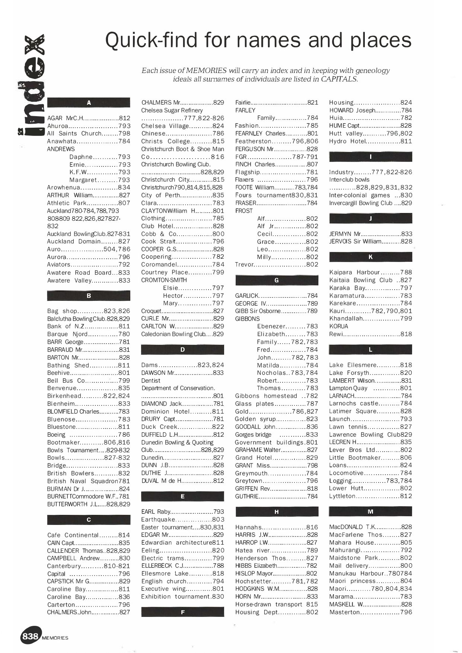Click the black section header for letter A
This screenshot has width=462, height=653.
point(89,103)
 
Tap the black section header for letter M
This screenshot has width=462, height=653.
point(370,512)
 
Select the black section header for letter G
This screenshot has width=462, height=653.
point(277,280)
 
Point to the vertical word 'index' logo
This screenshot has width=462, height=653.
point(31,85)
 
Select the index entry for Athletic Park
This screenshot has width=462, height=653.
point(89,203)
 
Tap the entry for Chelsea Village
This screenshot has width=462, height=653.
point(182,126)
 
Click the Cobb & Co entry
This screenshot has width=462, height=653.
point(182,234)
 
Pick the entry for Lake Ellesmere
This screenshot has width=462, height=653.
point(370,365)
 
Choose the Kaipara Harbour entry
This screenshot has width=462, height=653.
point(370,272)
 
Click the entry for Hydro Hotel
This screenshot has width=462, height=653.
point(370,141)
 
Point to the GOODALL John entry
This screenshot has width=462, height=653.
point(277,427)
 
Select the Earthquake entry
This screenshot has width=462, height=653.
point(182,519)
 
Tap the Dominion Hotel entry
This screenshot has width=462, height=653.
point(182,411)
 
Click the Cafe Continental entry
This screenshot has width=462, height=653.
point(89,535)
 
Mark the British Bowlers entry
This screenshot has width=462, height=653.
point(89,473)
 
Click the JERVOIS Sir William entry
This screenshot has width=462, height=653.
point(370,241)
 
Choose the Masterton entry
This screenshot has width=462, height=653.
point(370,612)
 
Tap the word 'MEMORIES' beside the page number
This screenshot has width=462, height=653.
point(55,638)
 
